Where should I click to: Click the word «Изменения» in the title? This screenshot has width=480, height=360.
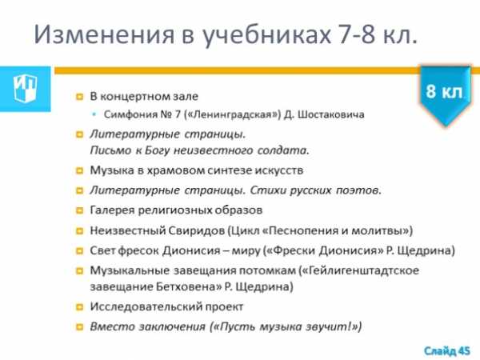pyautogui.click(x=104, y=34)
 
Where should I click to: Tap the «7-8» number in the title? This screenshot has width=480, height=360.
pyautogui.click(x=357, y=34)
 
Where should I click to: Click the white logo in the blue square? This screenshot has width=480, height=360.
pyautogui.click(x=25, y=88)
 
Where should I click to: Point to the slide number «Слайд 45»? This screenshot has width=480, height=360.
pyautogui.click(x=446, y=350)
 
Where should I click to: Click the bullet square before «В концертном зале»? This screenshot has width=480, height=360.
pyautogui.click(x=79, y=97)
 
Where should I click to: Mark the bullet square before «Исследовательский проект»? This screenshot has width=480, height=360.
pyautogui.click(x=79, y=307)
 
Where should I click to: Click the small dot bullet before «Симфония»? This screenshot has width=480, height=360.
pyautogui.click(x=94, y=114)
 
